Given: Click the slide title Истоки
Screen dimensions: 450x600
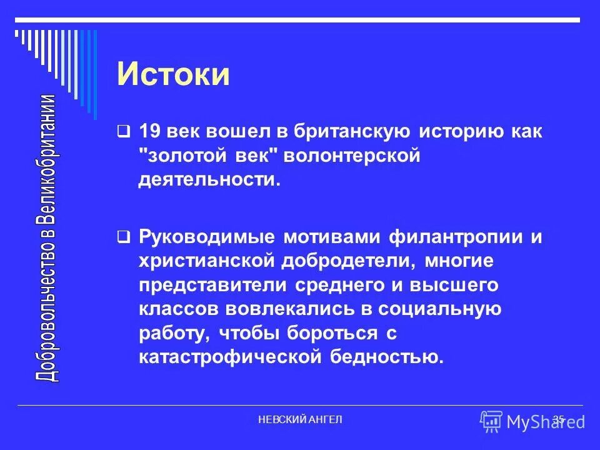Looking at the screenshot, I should [x=173, y=74].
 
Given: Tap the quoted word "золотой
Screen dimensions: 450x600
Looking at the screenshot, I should [x=181, y=156].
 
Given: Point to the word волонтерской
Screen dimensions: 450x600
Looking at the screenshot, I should [x=351, y=156].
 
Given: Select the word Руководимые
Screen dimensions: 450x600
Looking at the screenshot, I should [x=208, y=238].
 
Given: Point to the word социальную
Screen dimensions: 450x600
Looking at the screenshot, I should [x=437, y=309].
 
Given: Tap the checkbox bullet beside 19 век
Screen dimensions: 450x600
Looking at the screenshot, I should [x=124, y=132].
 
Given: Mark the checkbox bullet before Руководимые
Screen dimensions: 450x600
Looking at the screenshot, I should [x=124, y=237].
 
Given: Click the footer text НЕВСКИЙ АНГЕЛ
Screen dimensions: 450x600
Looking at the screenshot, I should [x=300, y=419].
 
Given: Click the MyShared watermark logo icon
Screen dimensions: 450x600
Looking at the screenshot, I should [x=492, y=422].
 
